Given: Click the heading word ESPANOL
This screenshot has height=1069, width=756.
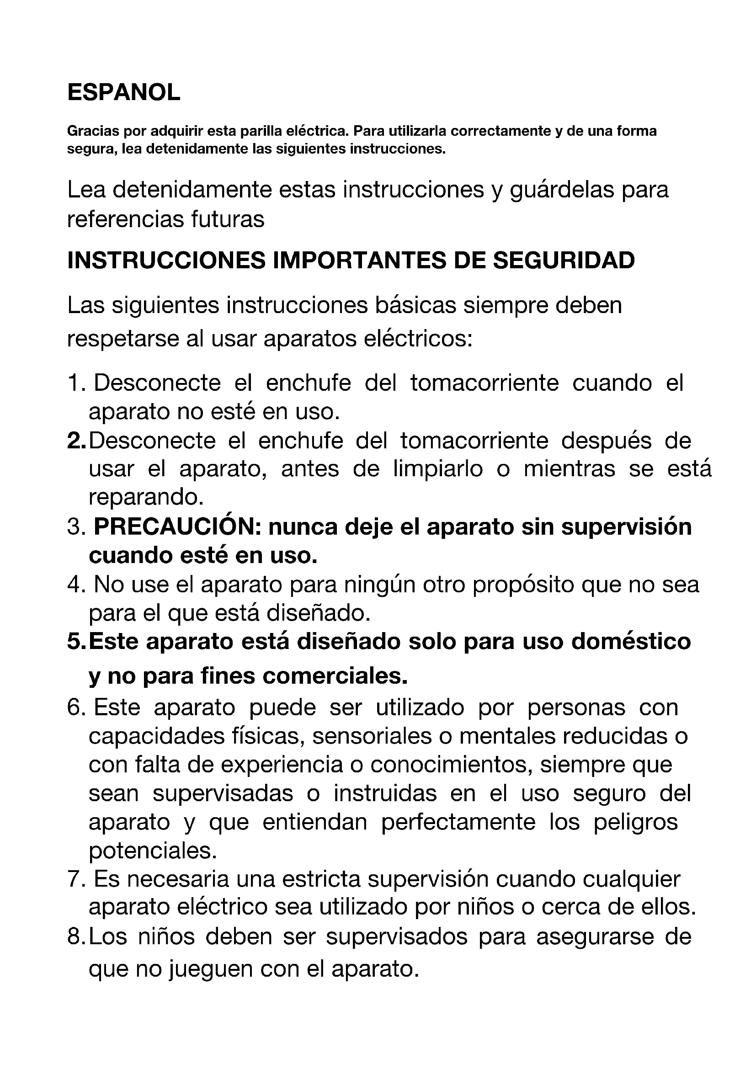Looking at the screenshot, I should (x=123, y=92).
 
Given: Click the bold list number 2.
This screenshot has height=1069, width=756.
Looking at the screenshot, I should (x=75, y=441).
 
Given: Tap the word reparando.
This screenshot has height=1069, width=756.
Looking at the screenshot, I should (x=146, y=497).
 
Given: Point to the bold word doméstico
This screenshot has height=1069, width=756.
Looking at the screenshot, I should (x=631, y=642).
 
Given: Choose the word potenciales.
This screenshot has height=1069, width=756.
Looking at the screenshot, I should (x=153, y=851).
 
